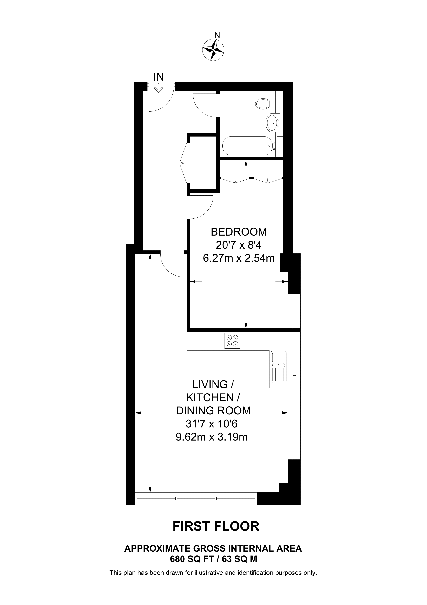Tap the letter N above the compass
point(217,35)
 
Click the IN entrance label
point(159,77)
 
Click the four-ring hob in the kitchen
point(232,341)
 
